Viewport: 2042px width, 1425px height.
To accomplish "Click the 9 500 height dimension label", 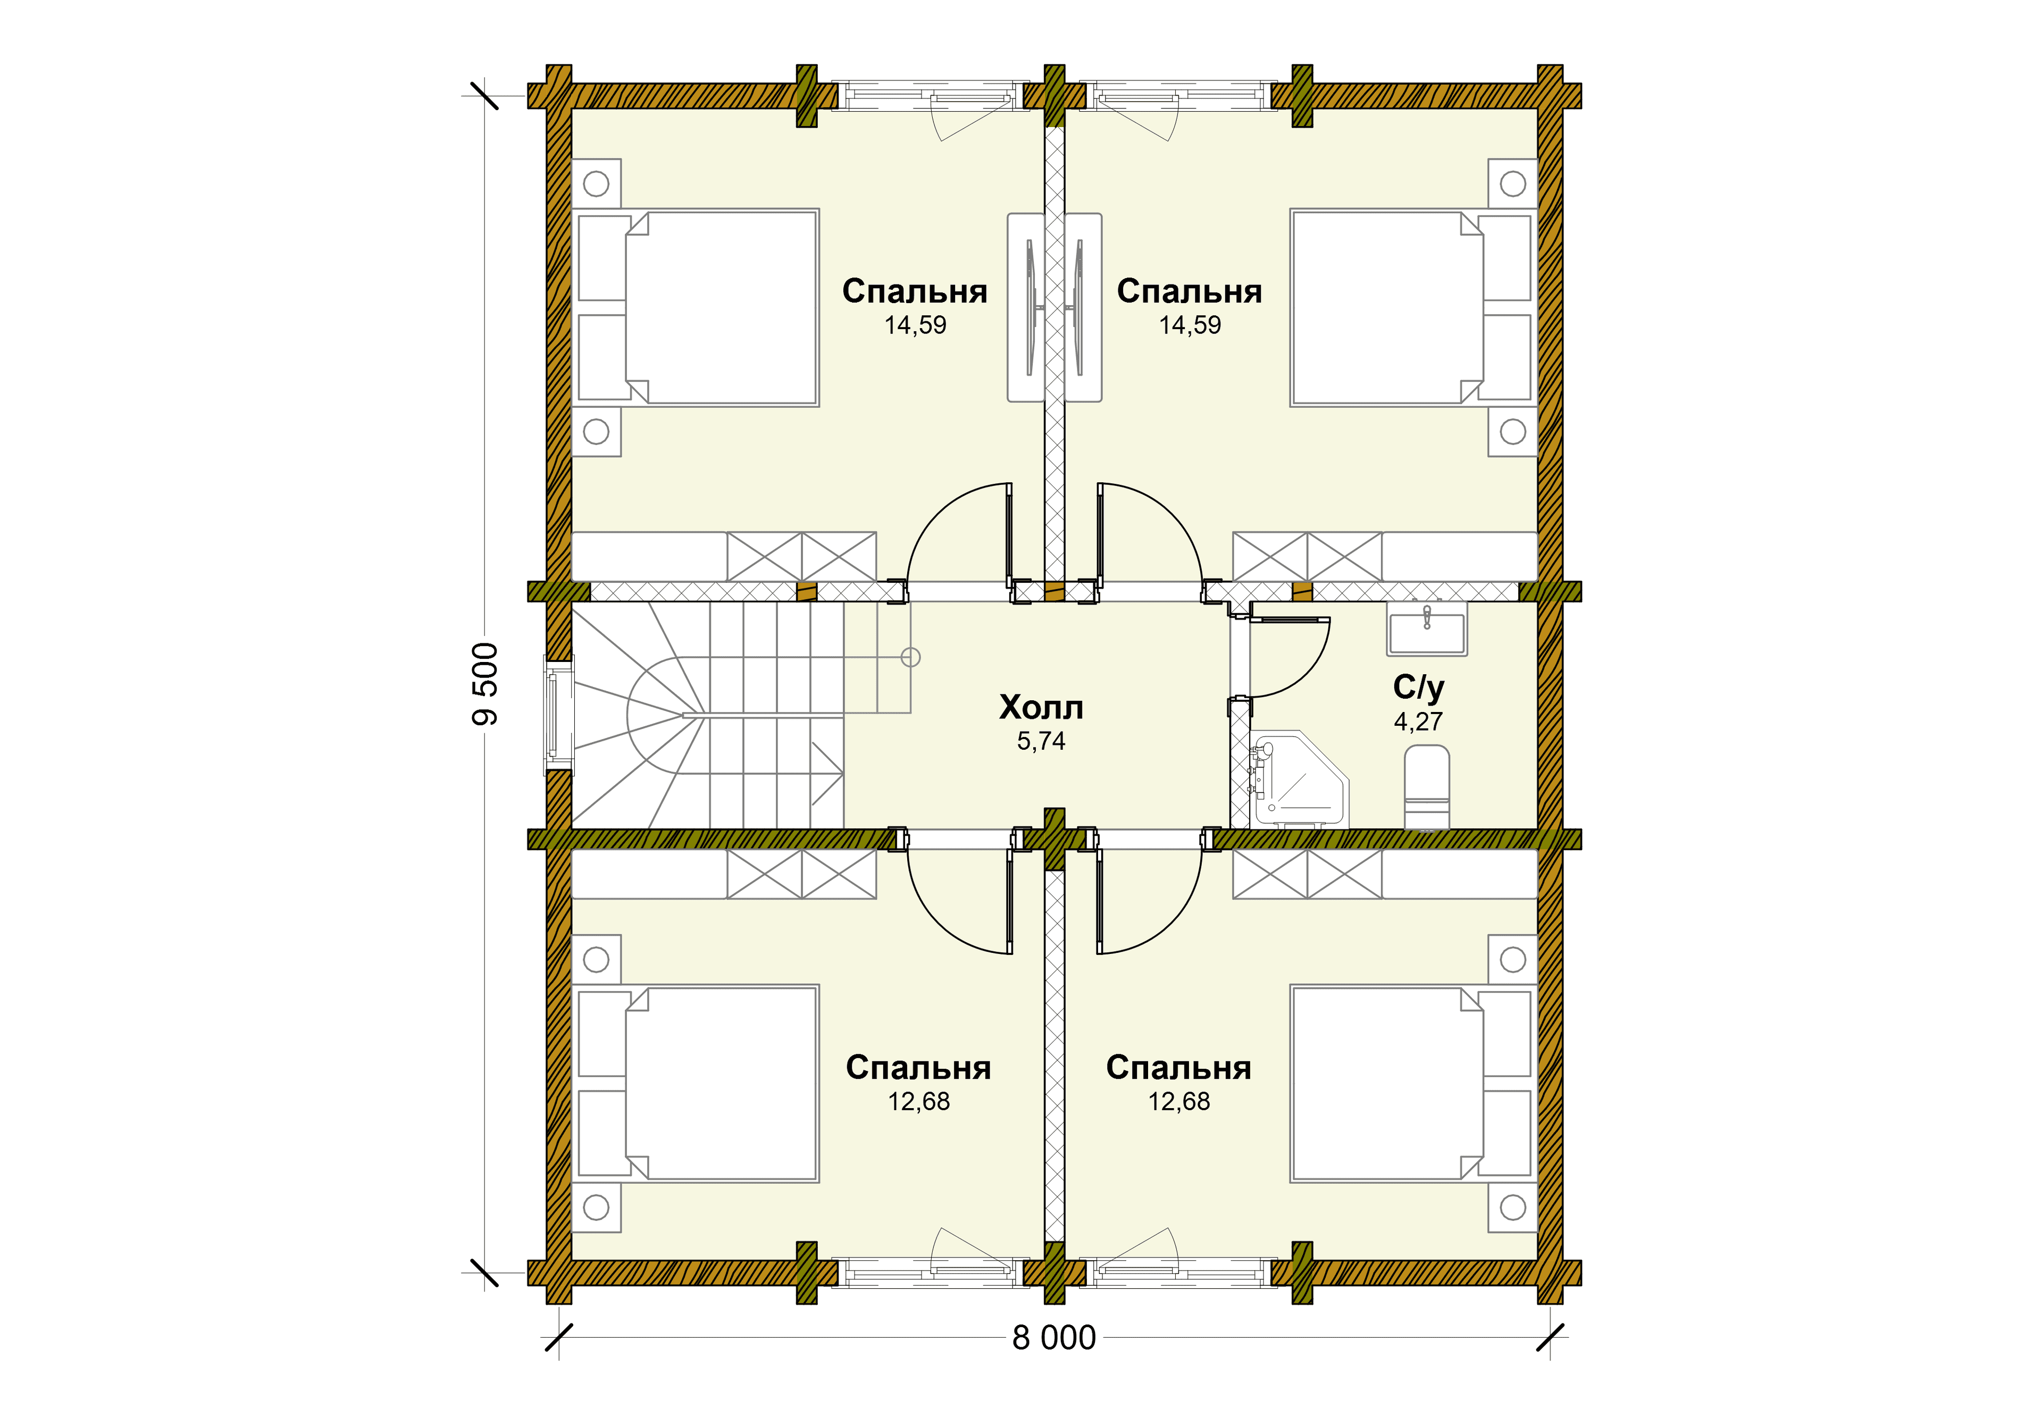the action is click(484, 684).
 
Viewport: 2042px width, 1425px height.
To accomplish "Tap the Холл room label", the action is click(1041, 708).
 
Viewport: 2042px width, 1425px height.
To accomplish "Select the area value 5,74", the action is click(1041, 741).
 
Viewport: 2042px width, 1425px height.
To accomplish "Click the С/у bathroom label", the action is click(1419, 688).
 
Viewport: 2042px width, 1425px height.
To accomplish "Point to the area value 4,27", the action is click(1419, 722).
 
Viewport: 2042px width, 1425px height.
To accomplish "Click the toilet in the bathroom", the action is click(1427, 787).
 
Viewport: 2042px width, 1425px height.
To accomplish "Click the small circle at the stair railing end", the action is click(911, 657).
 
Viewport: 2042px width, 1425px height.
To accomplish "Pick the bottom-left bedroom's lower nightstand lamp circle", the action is click(596, 1207).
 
